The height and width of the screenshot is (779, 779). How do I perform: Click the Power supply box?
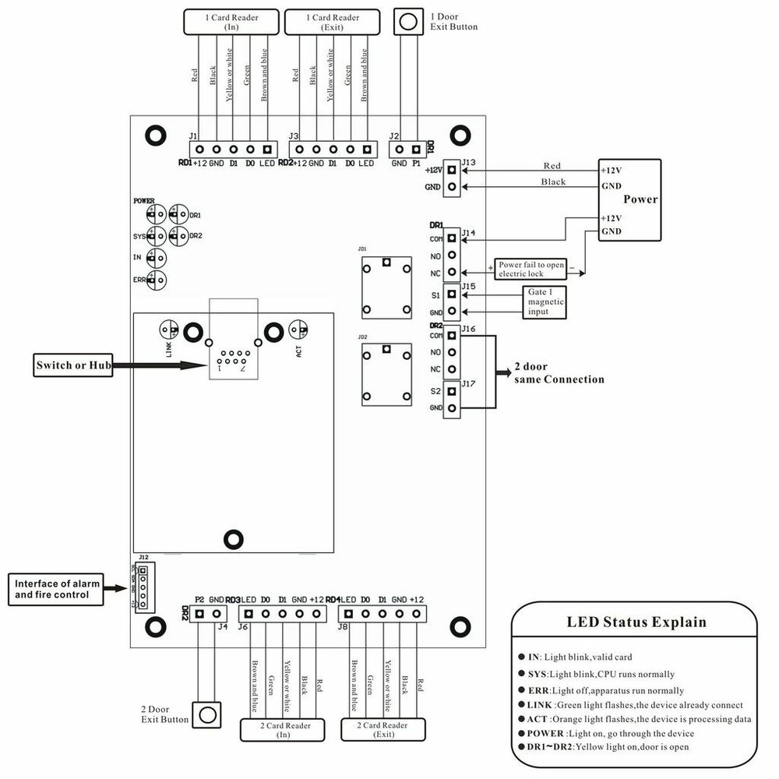629,199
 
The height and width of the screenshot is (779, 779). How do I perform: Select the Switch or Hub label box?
73,365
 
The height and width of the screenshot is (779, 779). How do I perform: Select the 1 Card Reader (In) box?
231,22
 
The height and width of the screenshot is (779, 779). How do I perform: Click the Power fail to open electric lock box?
532,269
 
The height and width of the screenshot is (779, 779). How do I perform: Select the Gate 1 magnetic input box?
544,301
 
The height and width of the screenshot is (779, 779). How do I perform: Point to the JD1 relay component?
386,286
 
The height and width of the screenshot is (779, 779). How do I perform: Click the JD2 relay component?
386,375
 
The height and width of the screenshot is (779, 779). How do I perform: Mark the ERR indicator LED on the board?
158,280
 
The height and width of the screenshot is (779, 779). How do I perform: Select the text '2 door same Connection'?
559,373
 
